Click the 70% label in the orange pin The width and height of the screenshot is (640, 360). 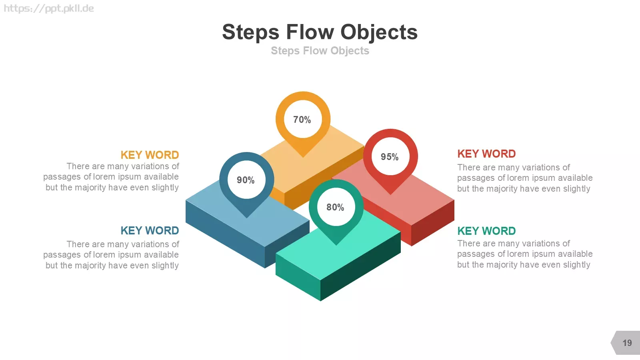point(302,120)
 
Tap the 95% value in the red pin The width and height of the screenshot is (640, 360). point(390,157)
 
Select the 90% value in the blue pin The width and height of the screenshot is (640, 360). point(246,180)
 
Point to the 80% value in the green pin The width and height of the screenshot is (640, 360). point(335,207)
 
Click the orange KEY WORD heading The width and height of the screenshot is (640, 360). point(150,155)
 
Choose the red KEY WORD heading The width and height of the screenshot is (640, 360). point(486,154)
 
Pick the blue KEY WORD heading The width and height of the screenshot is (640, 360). point(150,230)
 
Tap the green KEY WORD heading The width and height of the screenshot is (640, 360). point(486,231)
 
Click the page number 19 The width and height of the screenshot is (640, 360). point(627,343)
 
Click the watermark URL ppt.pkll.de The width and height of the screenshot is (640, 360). point(49,8)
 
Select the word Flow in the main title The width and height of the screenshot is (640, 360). point(310,32)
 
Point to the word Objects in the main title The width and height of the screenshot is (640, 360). point(379,32)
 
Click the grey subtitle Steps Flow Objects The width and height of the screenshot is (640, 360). point(320,50)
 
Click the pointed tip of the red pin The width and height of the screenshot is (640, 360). point(390,194)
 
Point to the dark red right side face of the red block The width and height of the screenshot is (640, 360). point(433,223)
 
